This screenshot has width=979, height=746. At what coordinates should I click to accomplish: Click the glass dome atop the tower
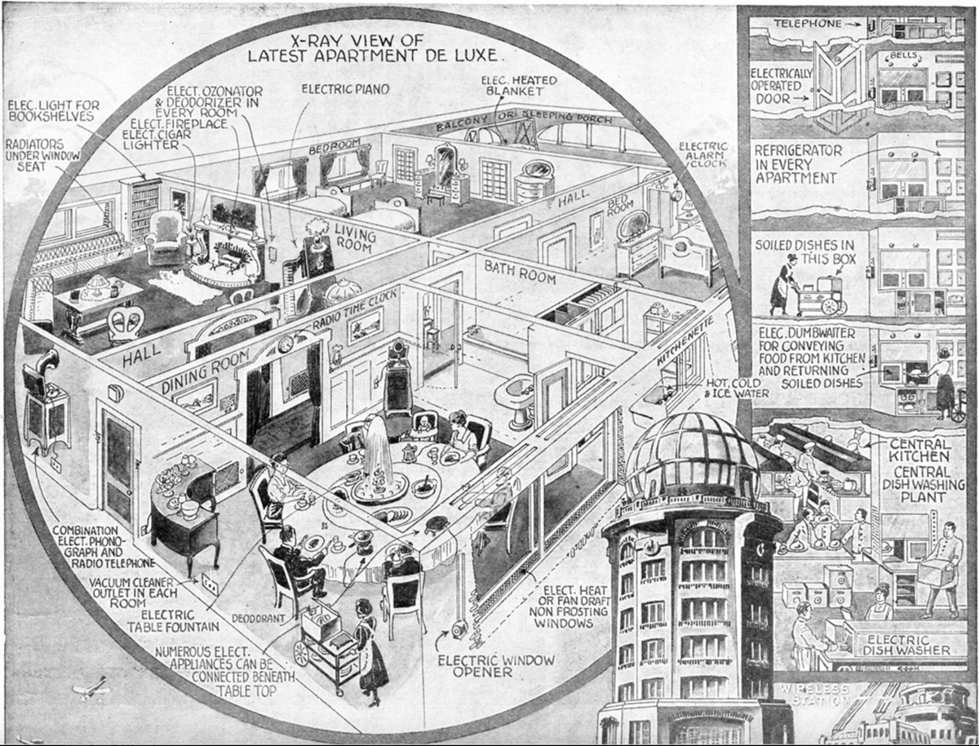tap(693, 456)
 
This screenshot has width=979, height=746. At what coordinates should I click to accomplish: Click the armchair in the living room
tap(166, 237)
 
